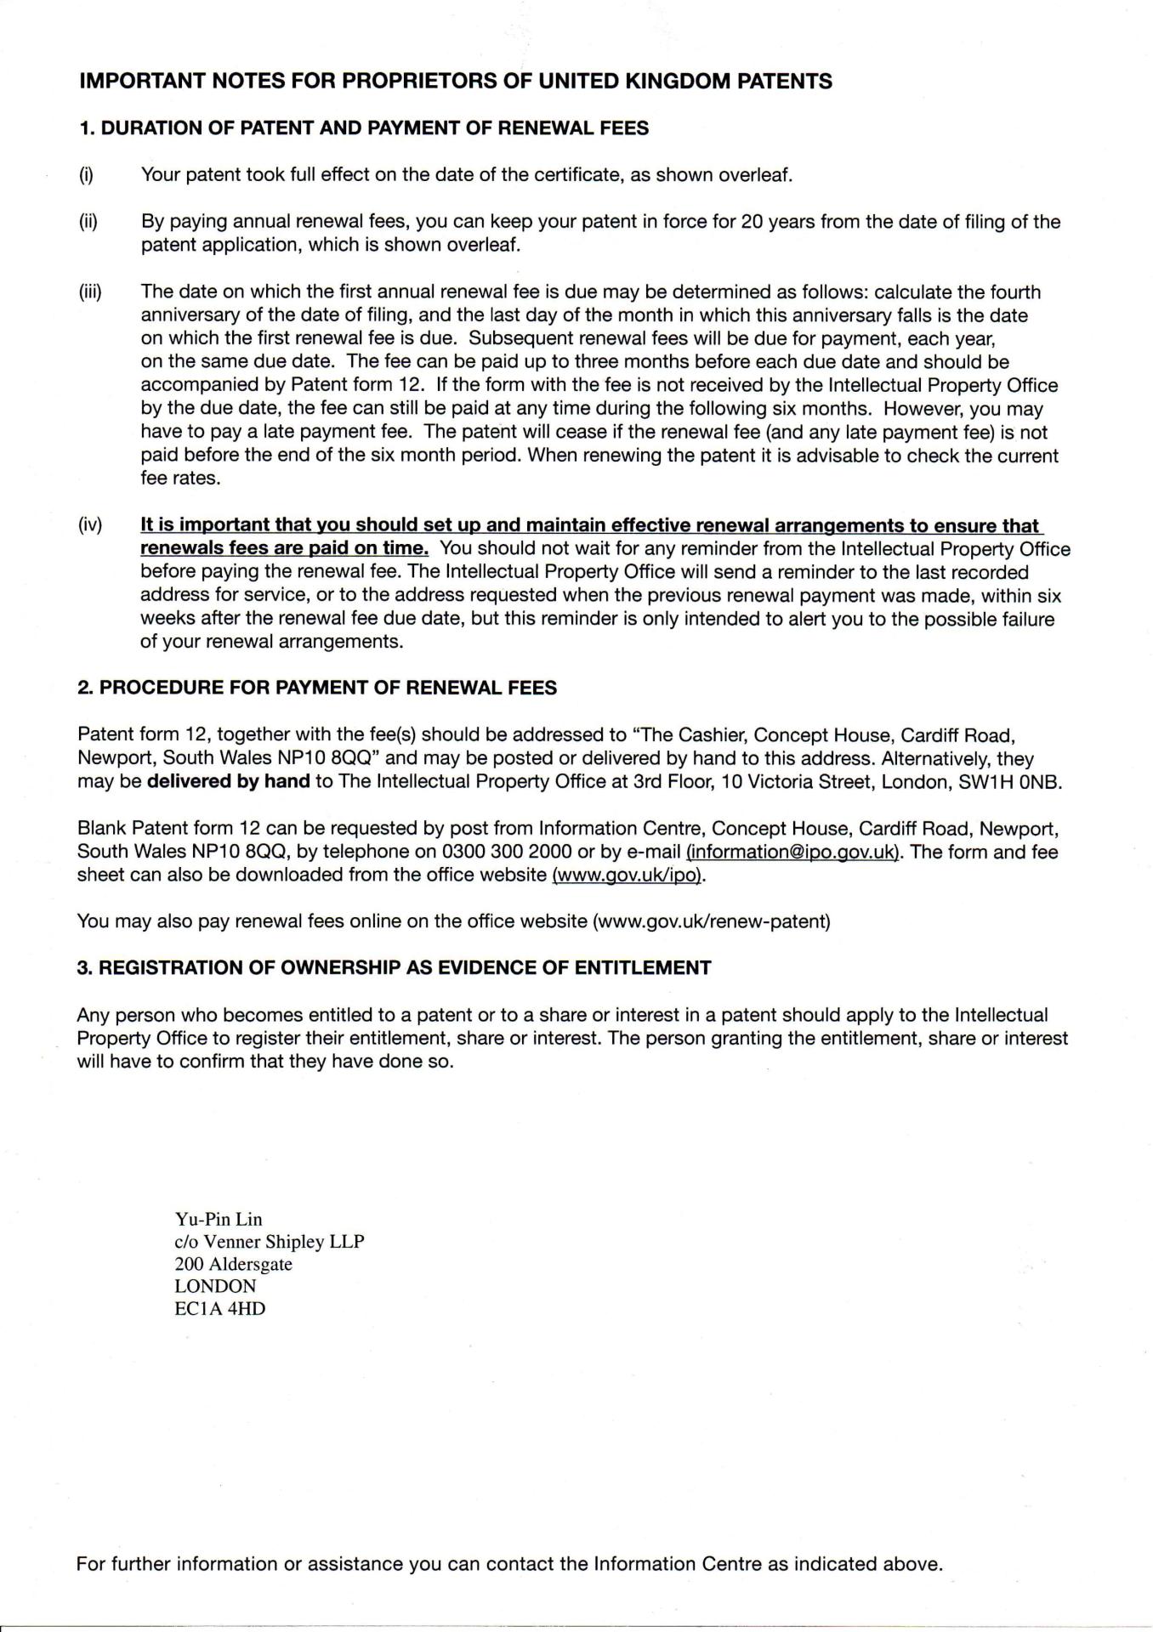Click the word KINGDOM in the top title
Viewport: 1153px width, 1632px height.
pos(673,82)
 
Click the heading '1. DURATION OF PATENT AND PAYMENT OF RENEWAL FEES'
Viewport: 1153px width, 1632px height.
pos(363,128)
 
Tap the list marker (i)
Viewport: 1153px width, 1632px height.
pos(86,175)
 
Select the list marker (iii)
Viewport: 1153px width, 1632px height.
pos(89,292)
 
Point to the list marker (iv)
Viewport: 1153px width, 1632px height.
pos(89,525)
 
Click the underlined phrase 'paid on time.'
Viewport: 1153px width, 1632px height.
pos(373,548)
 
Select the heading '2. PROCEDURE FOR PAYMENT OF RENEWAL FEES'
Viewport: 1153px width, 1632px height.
pos(317,688)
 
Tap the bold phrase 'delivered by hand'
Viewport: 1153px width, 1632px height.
pos(228,781)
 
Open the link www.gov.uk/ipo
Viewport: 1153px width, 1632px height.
pos(628,875)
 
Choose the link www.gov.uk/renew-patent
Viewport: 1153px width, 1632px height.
pos(712,921)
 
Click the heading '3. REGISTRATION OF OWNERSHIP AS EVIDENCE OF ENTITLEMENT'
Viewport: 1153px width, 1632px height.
pos(394,967)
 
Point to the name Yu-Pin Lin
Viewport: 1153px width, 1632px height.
pos(219,1220)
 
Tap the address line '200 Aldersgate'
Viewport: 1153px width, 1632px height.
pos(233,1264)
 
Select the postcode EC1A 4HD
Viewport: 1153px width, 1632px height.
pos(219,1308)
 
